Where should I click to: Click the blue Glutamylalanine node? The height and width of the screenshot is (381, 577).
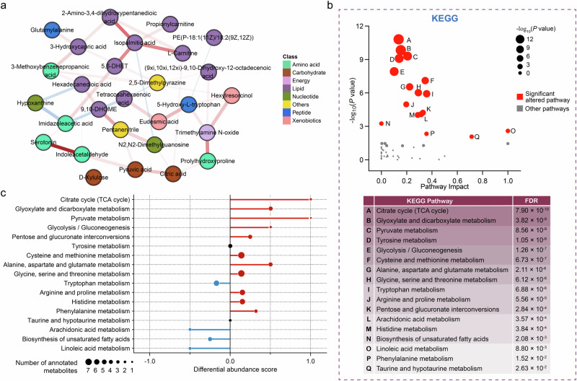tap(52, 30)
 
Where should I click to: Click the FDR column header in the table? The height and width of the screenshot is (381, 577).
tap(524, 199)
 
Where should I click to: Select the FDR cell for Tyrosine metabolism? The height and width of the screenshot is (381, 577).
tap(524, 241)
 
